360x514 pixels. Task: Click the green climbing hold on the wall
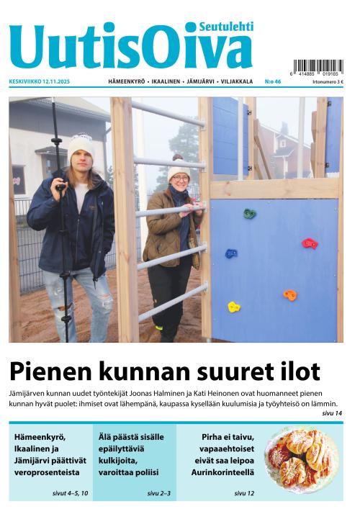click(x=249, y=213)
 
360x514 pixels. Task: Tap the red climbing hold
click(x=309, y=244)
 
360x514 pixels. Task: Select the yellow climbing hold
click(x=234, y=307)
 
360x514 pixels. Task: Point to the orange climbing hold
click(x=289, y=295)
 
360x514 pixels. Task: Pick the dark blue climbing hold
click(x=231, y=253)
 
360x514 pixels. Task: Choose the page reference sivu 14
click(x=332, y=413)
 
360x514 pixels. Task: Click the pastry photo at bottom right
click(x=301, y=459)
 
